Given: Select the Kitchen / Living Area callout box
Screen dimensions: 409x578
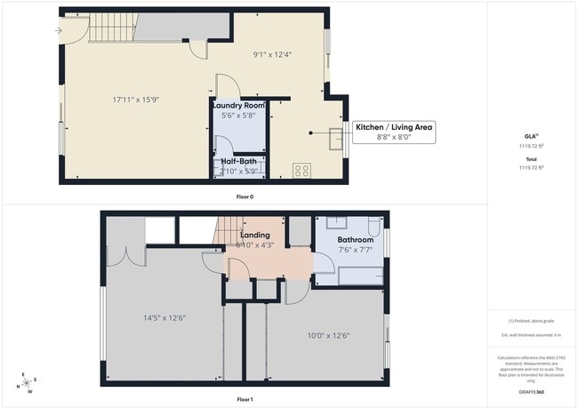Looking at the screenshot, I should click(394, 132).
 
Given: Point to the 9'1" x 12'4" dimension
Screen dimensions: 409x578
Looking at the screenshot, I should click(272, 55).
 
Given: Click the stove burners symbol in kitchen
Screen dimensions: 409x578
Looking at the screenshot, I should click(301, 169).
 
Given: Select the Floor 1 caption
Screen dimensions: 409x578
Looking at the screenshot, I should click(245, 399).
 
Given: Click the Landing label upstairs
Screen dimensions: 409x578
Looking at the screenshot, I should click(254, 236).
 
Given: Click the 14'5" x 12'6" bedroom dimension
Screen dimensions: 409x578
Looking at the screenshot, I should click(165, 317).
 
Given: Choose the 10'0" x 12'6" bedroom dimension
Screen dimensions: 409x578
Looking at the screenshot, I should click(328, 335).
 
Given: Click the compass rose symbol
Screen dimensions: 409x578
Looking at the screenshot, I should click(28, 382).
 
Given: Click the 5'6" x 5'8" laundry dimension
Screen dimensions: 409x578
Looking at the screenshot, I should click(237, 115).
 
